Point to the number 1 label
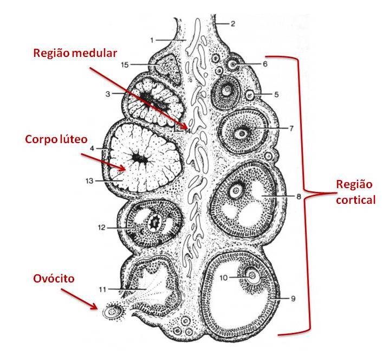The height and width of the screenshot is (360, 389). tap(153, 39)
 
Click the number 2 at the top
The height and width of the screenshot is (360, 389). tap(232, 24)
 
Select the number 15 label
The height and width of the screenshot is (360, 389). tap(124, 65)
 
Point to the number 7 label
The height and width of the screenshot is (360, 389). tap(291, 128)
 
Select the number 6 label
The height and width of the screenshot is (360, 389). tap(280, 63)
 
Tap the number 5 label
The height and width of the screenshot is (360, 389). tap(276, 94)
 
